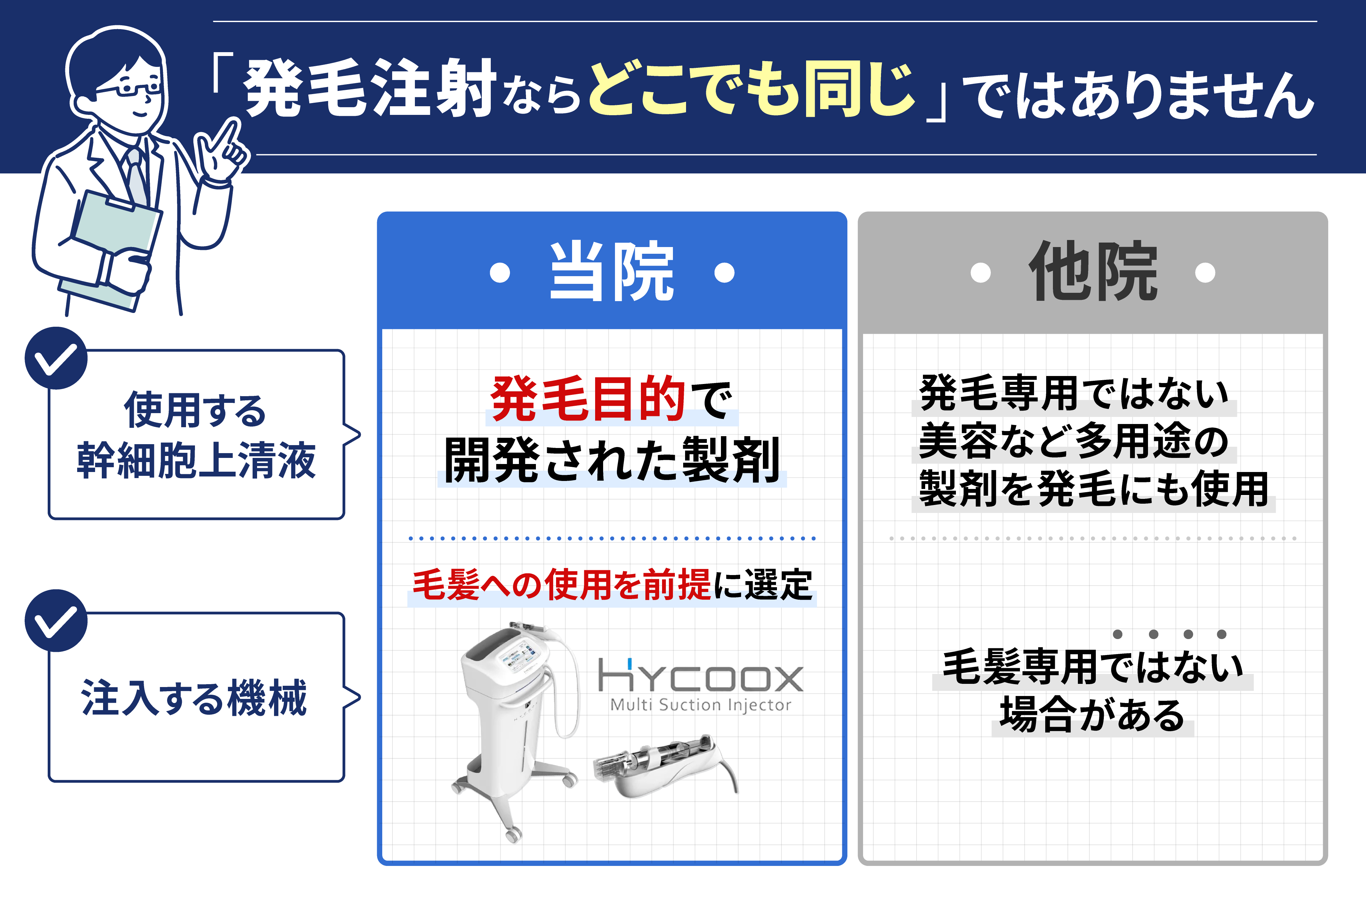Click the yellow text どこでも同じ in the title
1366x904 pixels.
click(x=753, y=89)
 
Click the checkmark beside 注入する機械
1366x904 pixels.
click(x=56, y=620)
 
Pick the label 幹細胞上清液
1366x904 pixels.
click(x=196, y=460)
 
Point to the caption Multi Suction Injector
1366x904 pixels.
click(x=700, y=705)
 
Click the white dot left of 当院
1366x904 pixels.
click(x=500, y=272)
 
